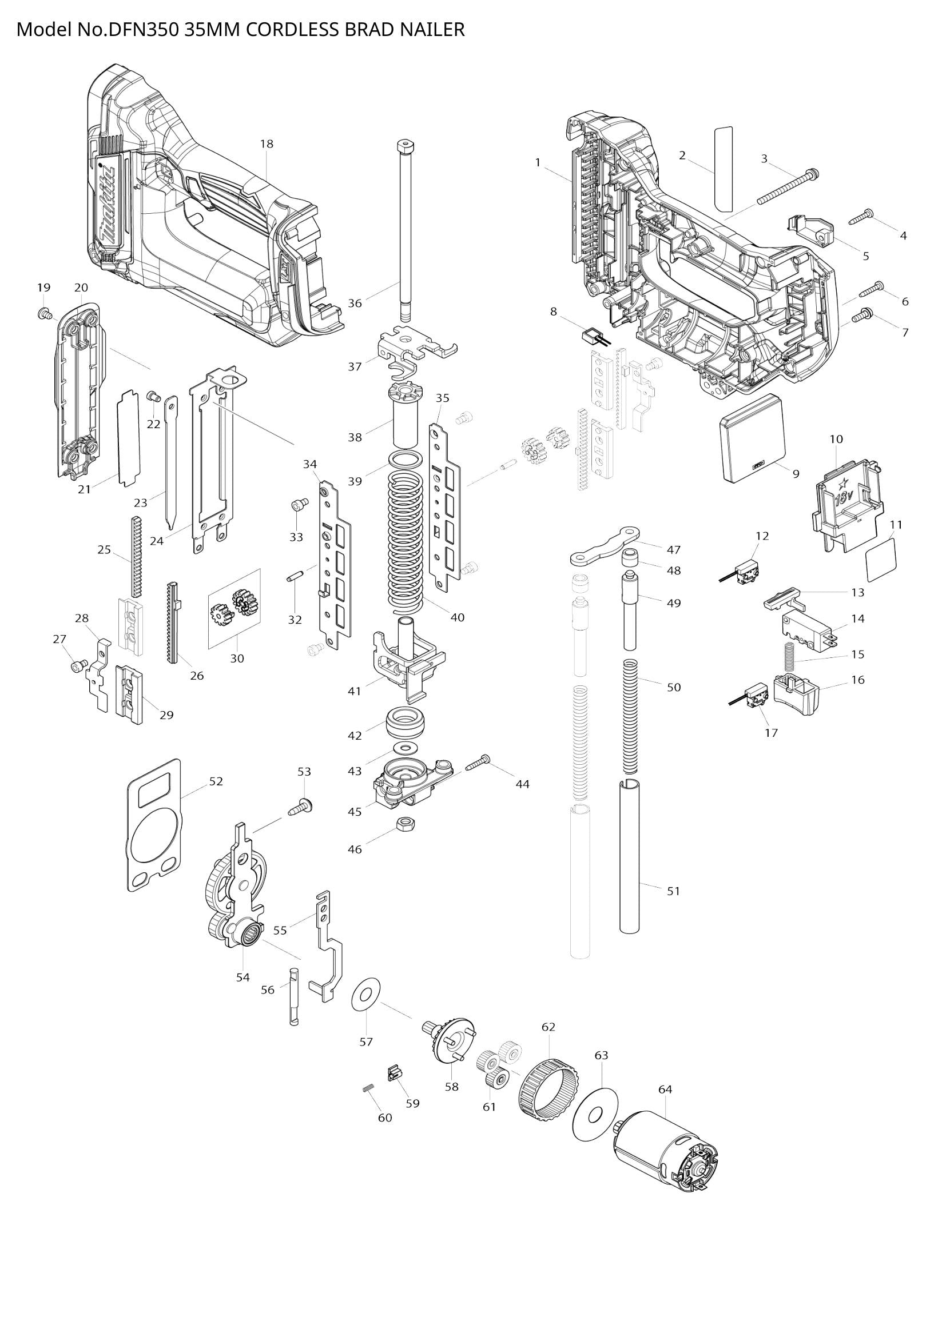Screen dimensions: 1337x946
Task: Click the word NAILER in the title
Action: [432, 29]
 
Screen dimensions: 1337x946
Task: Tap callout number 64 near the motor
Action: [665, 1089]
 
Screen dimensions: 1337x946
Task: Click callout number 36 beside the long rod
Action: [355, 303]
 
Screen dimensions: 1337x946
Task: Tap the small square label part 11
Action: [881, 559]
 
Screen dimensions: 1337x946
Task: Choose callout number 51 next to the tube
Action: [673, 891]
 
